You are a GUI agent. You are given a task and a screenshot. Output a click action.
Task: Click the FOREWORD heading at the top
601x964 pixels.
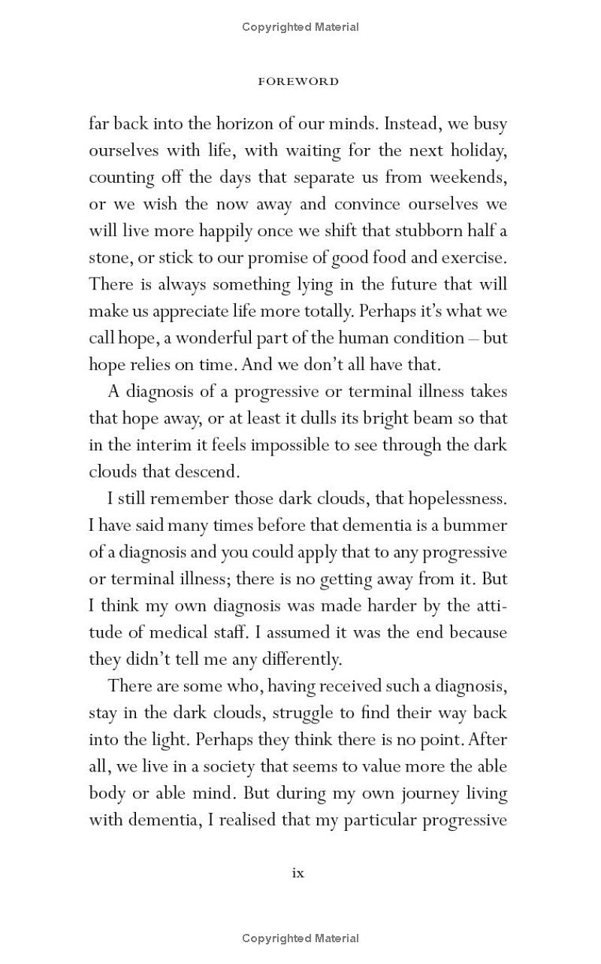298,81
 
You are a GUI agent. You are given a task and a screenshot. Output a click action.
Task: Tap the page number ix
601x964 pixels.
298,873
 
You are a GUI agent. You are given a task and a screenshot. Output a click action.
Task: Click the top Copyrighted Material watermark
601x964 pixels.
300,27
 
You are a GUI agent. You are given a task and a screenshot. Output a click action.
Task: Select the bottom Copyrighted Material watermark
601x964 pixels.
300,938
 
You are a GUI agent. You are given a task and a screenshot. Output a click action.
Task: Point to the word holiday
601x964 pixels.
479,150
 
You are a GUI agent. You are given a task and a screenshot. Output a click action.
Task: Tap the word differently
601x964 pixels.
298,659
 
